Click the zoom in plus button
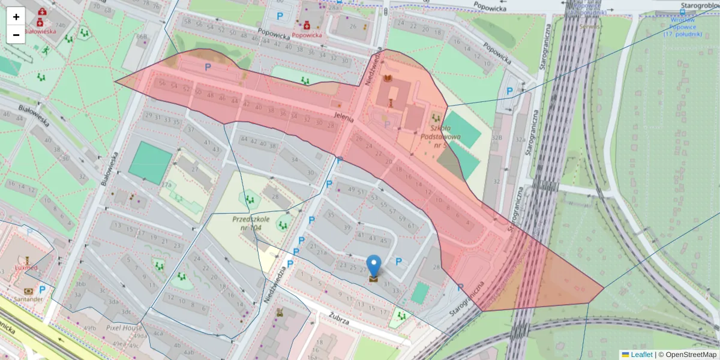16,17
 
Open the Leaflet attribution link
641,355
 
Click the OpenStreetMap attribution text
687,355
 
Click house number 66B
142,37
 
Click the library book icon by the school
388,79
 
